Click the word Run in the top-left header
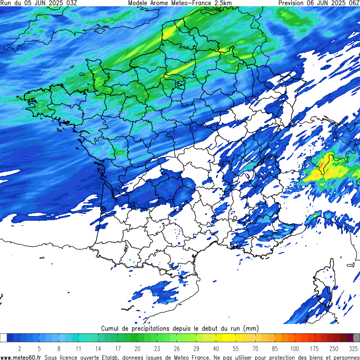point(6,3)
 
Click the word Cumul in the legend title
point(111,329)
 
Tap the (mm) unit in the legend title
point(251,329)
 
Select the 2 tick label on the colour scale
point(19,348)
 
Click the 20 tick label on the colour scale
point(137,348)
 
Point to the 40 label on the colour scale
point(216,348)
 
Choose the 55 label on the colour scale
point(236,348)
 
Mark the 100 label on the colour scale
point(295,348)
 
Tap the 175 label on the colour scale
point(314,348)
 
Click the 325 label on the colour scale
point(353,348)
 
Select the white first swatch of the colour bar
point(4,338)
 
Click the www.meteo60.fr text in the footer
point(21,357)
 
